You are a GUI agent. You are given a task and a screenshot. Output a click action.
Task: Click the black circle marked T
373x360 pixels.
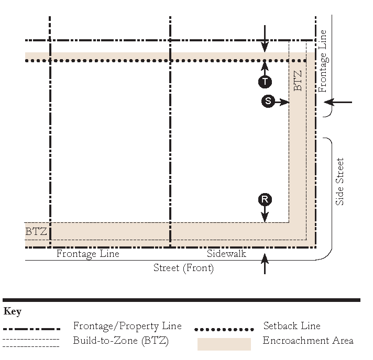point(265,82)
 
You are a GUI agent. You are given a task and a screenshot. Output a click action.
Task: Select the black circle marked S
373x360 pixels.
point(268,102)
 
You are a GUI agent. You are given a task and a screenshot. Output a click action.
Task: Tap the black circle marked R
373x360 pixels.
point(265,199)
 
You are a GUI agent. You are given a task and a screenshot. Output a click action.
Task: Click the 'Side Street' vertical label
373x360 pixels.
point(340,182)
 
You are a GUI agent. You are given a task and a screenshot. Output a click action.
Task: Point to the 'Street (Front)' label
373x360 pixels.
point(183,268)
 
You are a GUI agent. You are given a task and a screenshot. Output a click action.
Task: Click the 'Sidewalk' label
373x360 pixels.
point(226,254)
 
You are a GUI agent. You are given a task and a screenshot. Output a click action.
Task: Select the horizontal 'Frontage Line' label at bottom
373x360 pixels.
point(87,254)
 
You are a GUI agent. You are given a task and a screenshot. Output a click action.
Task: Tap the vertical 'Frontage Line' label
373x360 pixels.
point(323,61)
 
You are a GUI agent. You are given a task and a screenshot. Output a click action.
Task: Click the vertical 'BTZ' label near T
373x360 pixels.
point(298,81)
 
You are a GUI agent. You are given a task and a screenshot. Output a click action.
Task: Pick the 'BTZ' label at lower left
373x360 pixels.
point(36,231)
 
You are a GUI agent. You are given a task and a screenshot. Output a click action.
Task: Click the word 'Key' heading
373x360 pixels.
point(13,312)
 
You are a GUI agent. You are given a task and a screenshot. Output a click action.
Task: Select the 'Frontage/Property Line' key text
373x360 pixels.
point(127,326)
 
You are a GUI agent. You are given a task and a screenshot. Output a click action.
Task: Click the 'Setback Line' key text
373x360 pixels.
point(292,326)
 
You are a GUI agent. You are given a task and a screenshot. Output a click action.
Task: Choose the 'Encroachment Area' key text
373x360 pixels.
point(308,341)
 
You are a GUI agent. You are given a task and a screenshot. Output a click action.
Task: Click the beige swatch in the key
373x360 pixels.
point(224,344)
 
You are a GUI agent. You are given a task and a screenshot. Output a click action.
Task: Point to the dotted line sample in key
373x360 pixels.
point(224,330)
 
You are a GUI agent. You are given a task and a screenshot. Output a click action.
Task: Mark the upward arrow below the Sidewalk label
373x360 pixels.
point(265,264)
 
